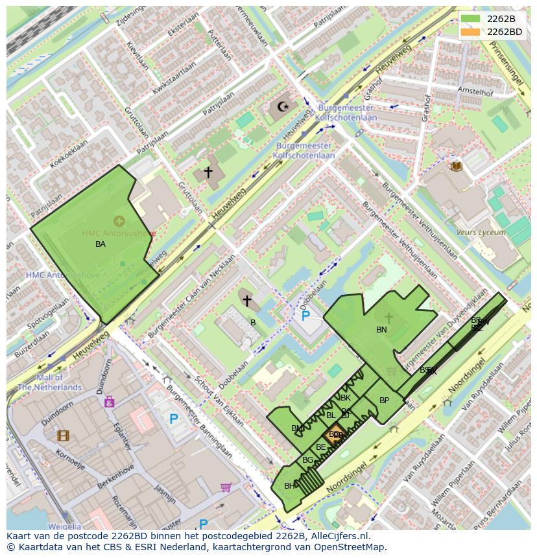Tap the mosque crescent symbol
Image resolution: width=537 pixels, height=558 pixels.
[x=282, y=106]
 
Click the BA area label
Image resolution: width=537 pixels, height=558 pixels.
[x=101, y=244]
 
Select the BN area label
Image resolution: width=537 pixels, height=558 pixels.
[x=381, y=330]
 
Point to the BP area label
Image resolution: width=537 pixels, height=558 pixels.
[x=384, y=401]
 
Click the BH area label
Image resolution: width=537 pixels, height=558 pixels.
[x=289, y=486]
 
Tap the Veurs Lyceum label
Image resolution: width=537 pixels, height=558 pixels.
[x=481, y=232]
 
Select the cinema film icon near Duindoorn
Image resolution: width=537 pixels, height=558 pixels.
[x=62, y=436]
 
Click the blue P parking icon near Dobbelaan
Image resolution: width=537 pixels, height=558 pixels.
[x=305, y=316]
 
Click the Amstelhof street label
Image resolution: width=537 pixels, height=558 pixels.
[x=475, y=92]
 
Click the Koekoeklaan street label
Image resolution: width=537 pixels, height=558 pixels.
[x=68, y=156]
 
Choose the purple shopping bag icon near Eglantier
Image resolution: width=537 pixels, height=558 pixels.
[x=109, y=402]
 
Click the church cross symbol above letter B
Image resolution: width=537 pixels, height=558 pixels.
[x=246, y=301]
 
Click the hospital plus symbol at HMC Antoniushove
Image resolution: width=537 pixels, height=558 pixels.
[x=119, y=222]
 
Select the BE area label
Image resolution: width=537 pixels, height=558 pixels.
[x=320, y=447]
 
